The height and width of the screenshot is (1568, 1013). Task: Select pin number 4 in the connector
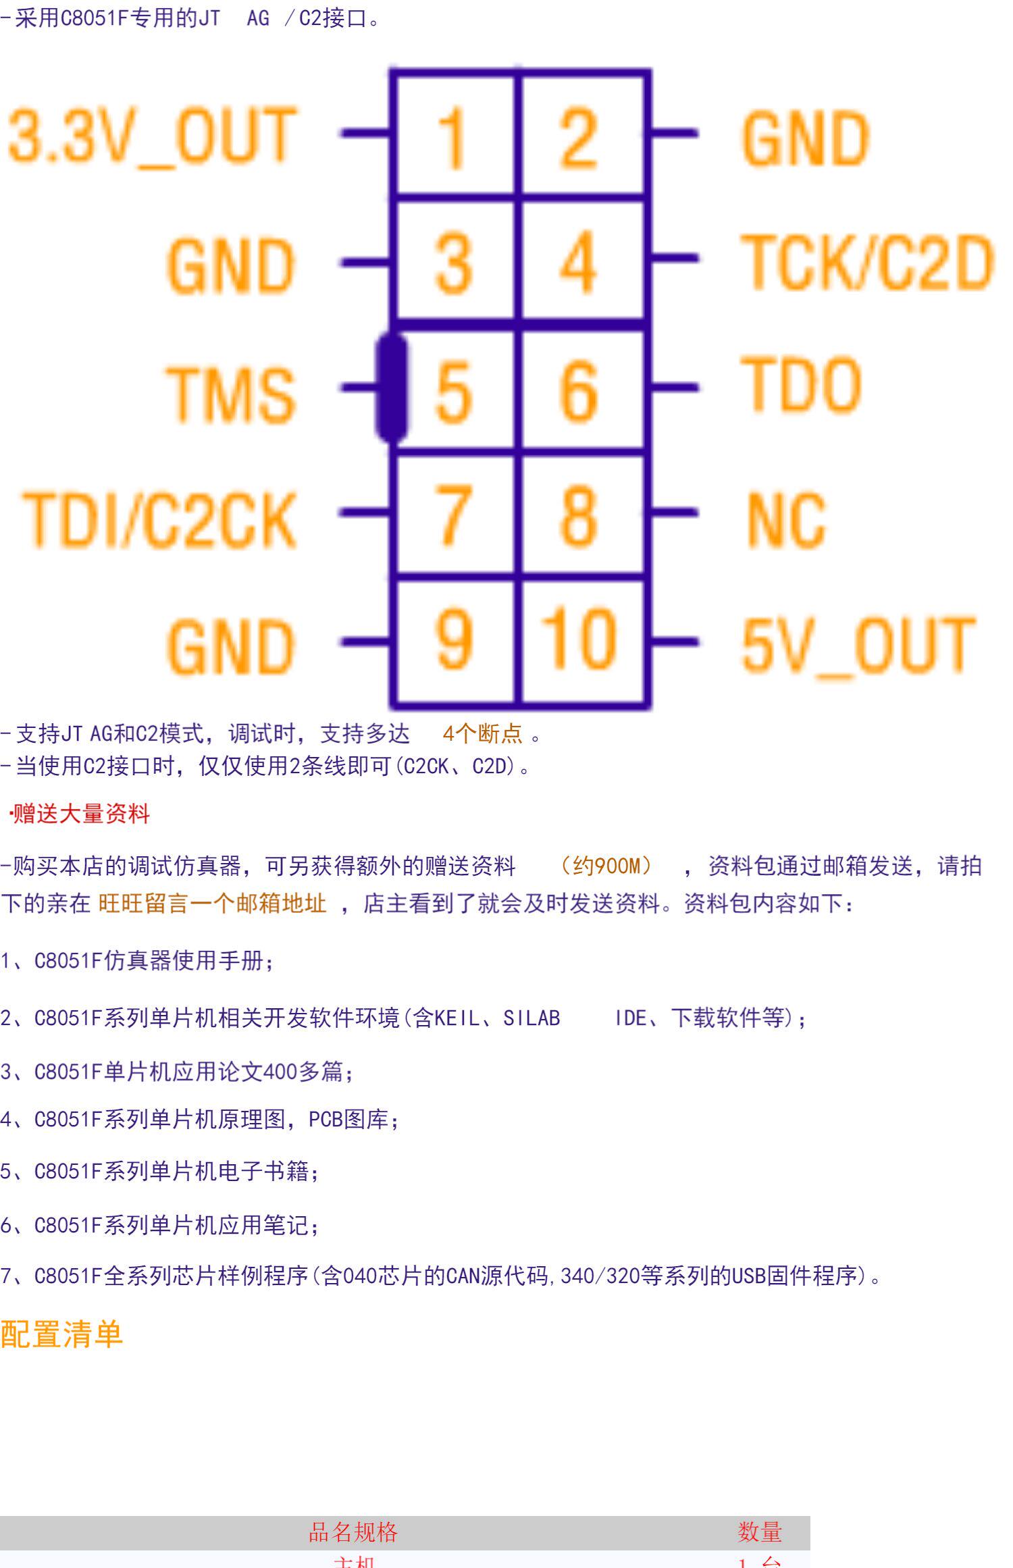click(x=579, y=262)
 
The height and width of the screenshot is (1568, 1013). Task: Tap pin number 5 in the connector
click(x=453, y=390)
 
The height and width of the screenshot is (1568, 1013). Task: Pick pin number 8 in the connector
click(x=579, y=515)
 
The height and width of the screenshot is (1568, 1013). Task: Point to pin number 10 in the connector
click(x=579, y=638)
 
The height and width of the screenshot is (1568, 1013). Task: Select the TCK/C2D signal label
click(x=868, y=262)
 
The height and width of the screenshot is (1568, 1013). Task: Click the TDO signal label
click(x=802, y=385)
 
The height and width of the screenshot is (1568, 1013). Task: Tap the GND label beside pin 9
click(x=231, y=646)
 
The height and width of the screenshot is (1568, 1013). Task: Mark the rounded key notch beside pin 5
click(x=391, y=389)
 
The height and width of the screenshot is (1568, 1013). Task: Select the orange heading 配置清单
click(x=61, y=1334)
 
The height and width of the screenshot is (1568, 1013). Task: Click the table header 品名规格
click(x=353, y=1532)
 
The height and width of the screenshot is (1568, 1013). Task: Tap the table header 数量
click(x=760, y=1532)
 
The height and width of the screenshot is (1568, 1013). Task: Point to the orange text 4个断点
click(x=482, y=733)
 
